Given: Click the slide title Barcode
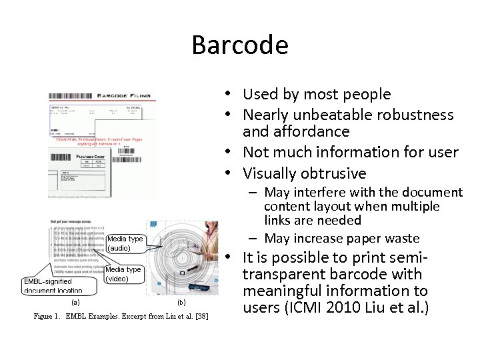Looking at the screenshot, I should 240,45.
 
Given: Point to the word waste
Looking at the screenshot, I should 401,238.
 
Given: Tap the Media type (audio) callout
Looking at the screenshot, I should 125,243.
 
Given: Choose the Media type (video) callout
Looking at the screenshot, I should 124,274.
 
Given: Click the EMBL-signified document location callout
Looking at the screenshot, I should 53,286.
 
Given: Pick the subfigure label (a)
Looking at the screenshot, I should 74,302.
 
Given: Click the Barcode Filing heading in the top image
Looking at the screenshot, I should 124,96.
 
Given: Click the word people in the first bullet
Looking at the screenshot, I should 365,95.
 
